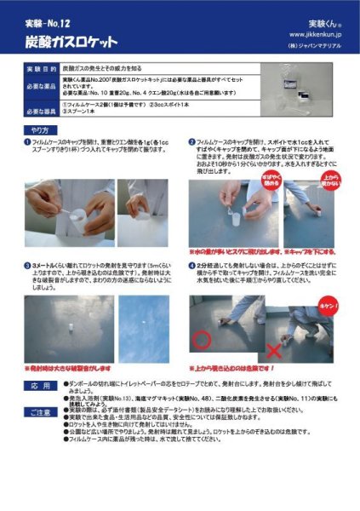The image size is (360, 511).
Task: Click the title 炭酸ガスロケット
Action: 73,39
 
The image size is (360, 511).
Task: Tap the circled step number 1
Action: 27,146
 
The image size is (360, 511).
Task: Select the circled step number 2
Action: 191,146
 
